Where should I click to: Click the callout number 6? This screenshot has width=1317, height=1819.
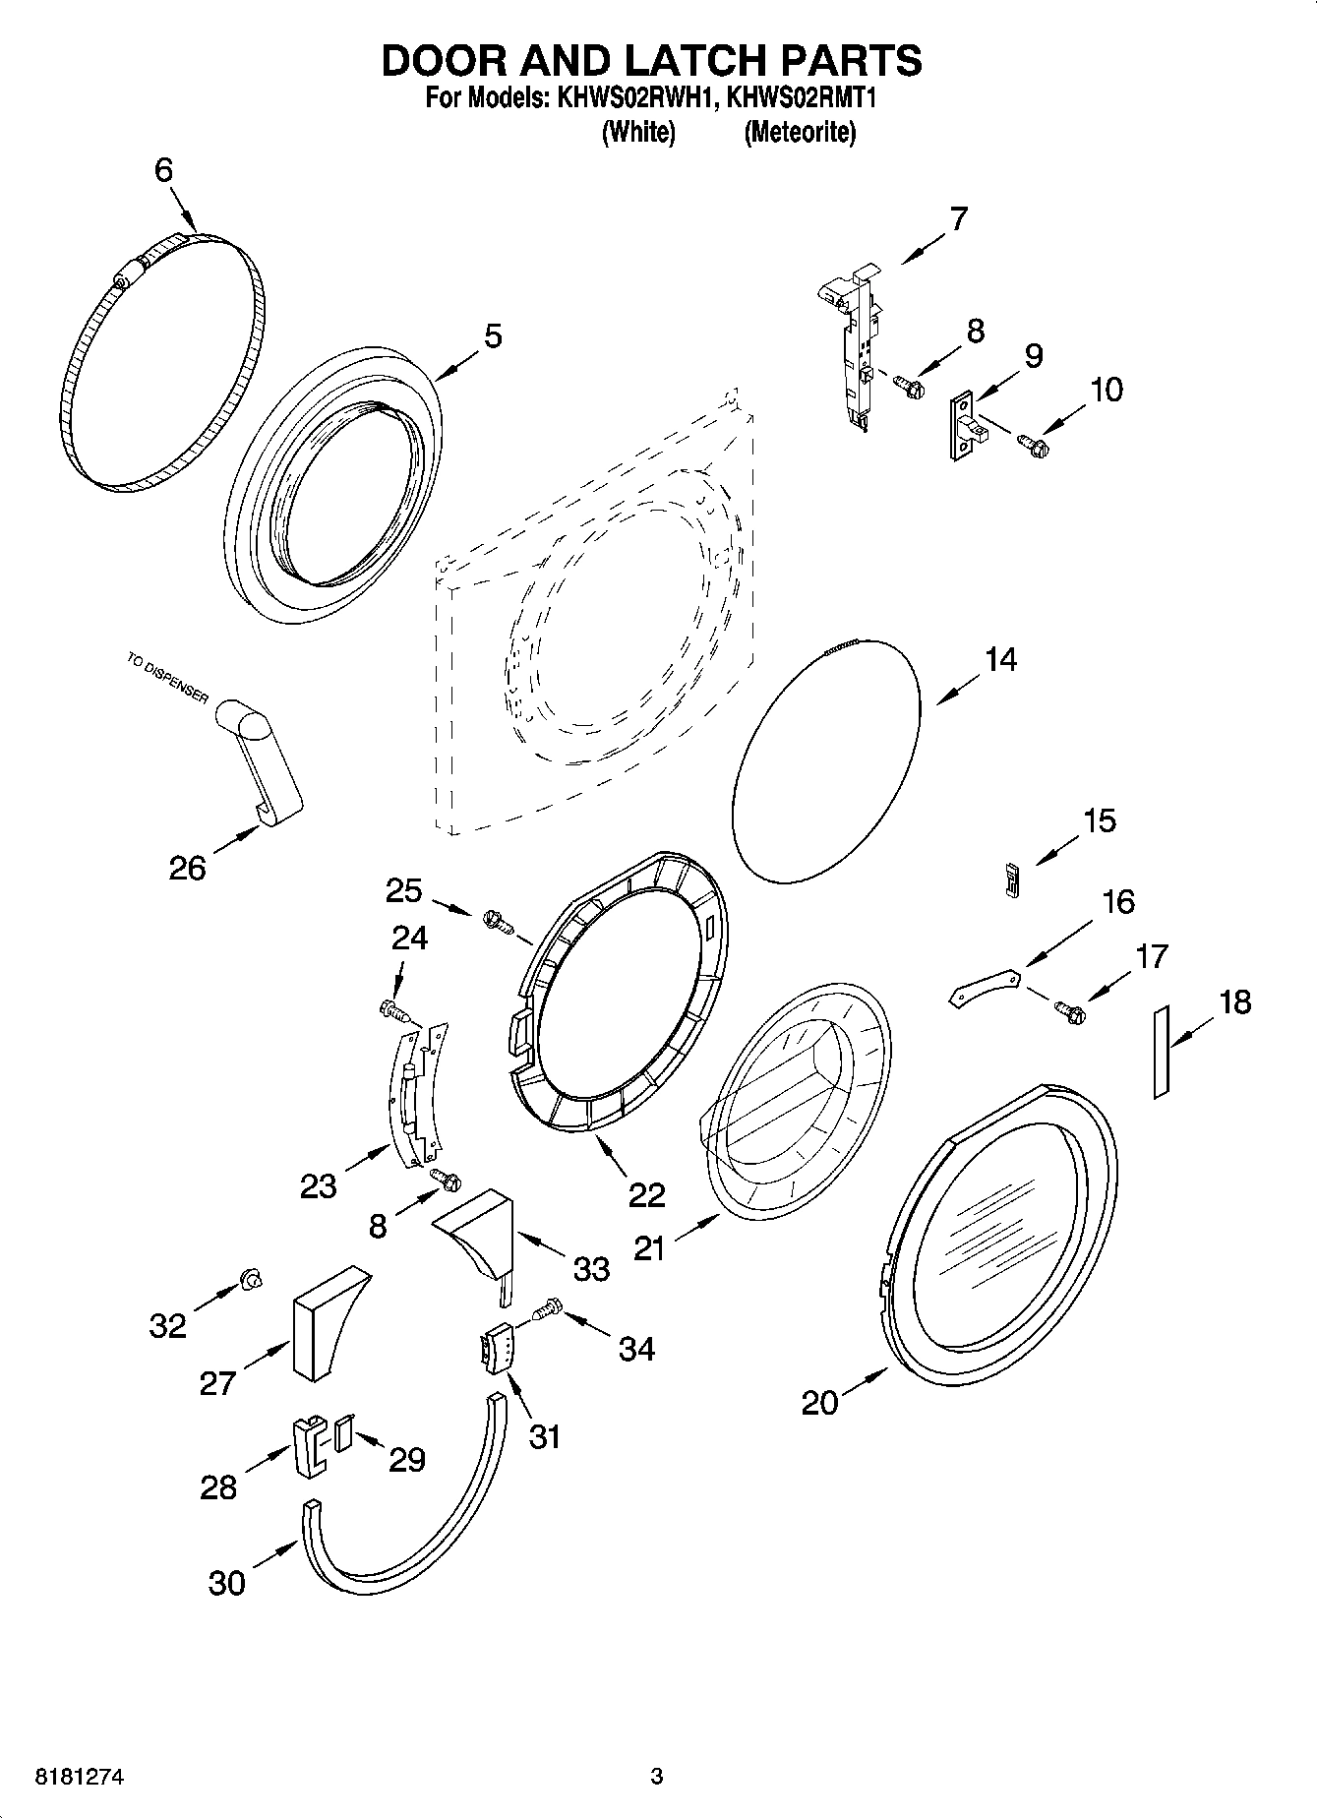click(163, 170)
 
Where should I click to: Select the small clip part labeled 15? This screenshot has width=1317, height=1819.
click(1010, 878)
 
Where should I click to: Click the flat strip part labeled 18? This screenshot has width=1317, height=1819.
click(1161, 1052)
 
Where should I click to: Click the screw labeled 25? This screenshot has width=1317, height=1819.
click(498, 922)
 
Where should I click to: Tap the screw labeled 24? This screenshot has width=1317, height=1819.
click(392, 1009)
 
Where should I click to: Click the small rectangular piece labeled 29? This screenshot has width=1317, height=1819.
click(342, 1434)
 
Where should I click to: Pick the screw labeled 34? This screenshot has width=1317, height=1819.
click(546, 1309)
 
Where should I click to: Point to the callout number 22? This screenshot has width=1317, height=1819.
click(646, 1194)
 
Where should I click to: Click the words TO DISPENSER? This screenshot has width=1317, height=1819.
click(167, 678)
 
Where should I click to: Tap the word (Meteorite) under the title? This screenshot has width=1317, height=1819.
click(800, 132)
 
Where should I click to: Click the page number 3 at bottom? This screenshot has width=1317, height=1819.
click(657, 1777)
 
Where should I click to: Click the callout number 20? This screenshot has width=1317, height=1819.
click(819, 1402)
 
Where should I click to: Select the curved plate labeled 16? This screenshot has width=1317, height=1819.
click(984, 987)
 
